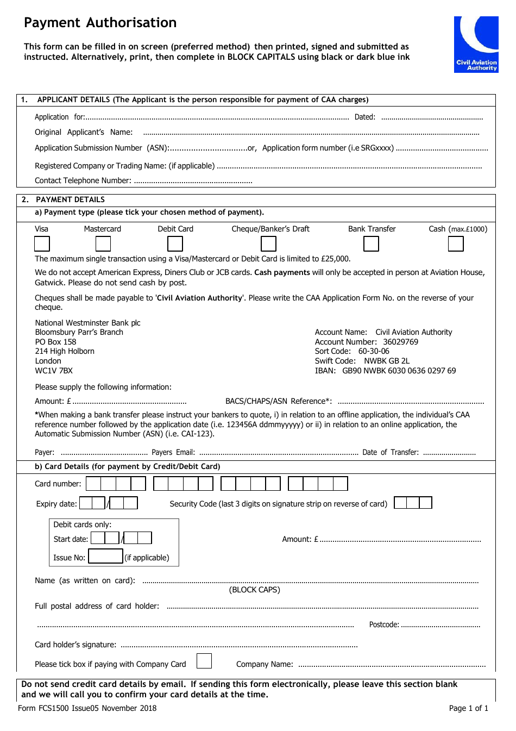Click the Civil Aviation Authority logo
pyautogui.click(x=476, y=44)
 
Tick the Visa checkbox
pyautogui.click(x=42, y=244)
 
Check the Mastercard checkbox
pyautogui.click(x=103, y=244)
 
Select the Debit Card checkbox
pyautogui.click(x=175, y=244)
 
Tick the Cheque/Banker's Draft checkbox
pyautogui.click(x=269, y=244)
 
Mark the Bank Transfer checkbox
pyautogui.click(x=371, y=244)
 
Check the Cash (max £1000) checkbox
pyautogui.click(x=456, y=244)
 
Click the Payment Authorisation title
pyautogui.click(x=100, y=23)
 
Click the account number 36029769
pyautogui.click(x=400, y=342)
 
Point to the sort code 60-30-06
pyautogui.click(x=374, y=351)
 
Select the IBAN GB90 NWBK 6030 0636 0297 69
pyautogui.click(x=399, y=371)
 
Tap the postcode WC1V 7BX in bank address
pyautogui.click(x=54, y=371)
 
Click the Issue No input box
pyautogui.click(x=105, y=557)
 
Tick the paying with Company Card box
pyautogui.click(x=204, y=661)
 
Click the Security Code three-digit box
pyautogui.click(x=413, y=503)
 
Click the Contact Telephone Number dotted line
pyautogui.click(x=193, y=182)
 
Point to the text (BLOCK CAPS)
pyautogui.click(x=255, y=590)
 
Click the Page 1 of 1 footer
pyautogui.click(x=468, y=708)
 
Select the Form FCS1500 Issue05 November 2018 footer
pyautogui.click(x=87, y=708)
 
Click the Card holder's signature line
pyautogui.click(x=239, y=646)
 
